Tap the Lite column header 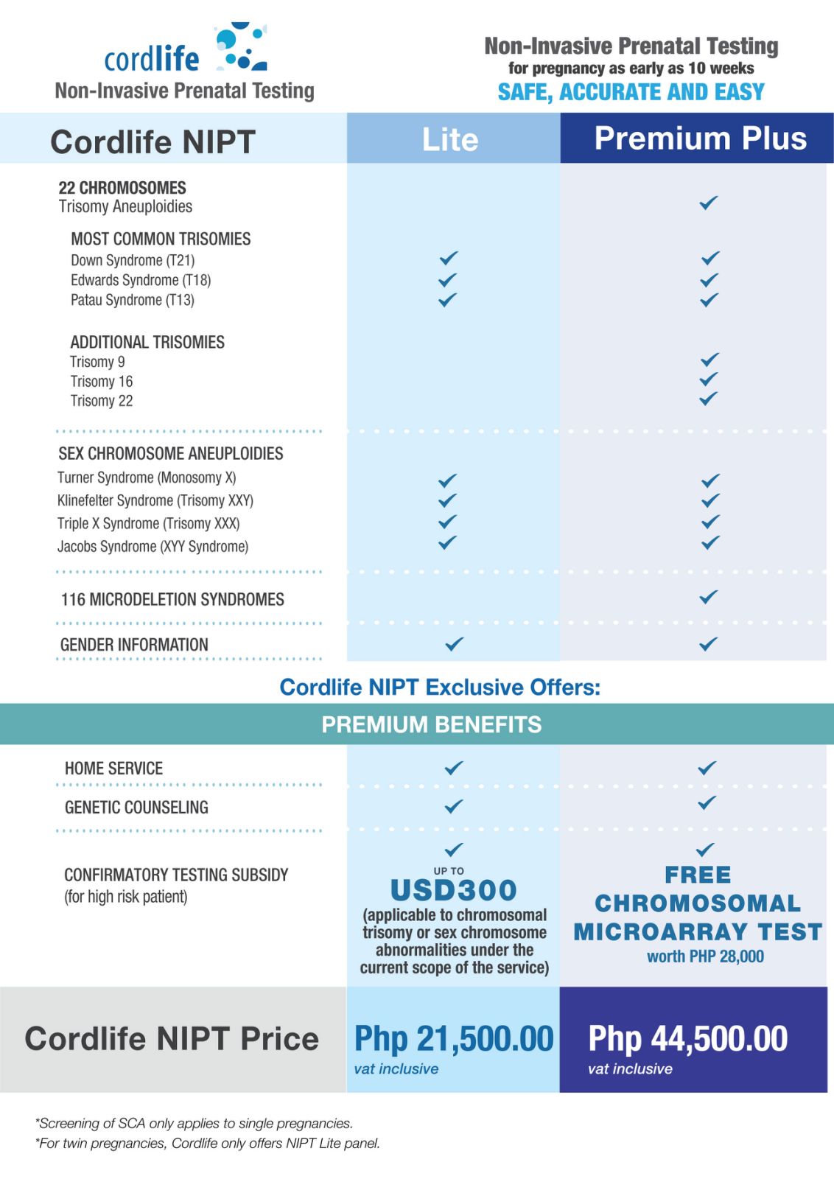[x=450, y=139]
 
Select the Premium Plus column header [x=700, y=139]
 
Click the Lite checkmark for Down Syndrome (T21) [x=448, y=258]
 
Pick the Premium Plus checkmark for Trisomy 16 [x=709, y=379]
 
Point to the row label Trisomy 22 [x=102, y=401]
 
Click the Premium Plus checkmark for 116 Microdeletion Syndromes [x=709, y=597]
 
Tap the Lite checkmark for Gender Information [x=455, y=643]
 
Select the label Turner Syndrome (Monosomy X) [x=147, y=477]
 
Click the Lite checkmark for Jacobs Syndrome [x=447, y=543]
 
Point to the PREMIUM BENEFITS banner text [x=431, y=724]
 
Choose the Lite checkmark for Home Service [x=454, y=768]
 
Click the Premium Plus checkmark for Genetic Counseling [x=707, y=802]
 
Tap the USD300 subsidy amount [x=453, y=890]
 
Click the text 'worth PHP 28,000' [x=705, y=956]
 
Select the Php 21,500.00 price [x=454, y=1038]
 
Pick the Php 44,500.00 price [x=687, y=1038]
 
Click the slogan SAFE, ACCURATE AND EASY [x=631, y=92]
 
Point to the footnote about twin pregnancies [x=208, y=1143]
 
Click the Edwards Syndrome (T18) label [x=141, y=280]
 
